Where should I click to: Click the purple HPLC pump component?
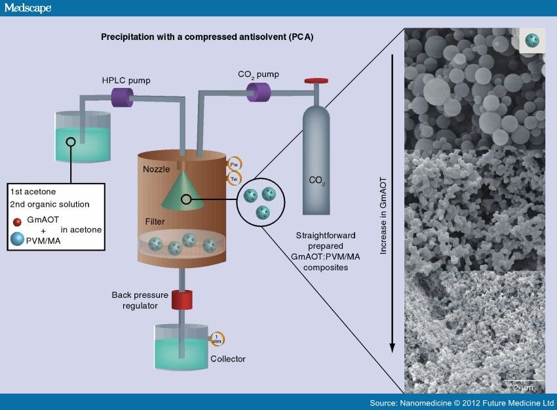coord(121,98)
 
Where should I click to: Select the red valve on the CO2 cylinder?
coord(317,81)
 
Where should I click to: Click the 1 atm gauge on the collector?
coord(216,338)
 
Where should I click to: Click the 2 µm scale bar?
coord(524,381)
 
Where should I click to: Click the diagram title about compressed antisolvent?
coord(207,37)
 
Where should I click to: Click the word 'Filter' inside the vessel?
coord(155,221)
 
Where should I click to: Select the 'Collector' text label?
coord(228,359)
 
